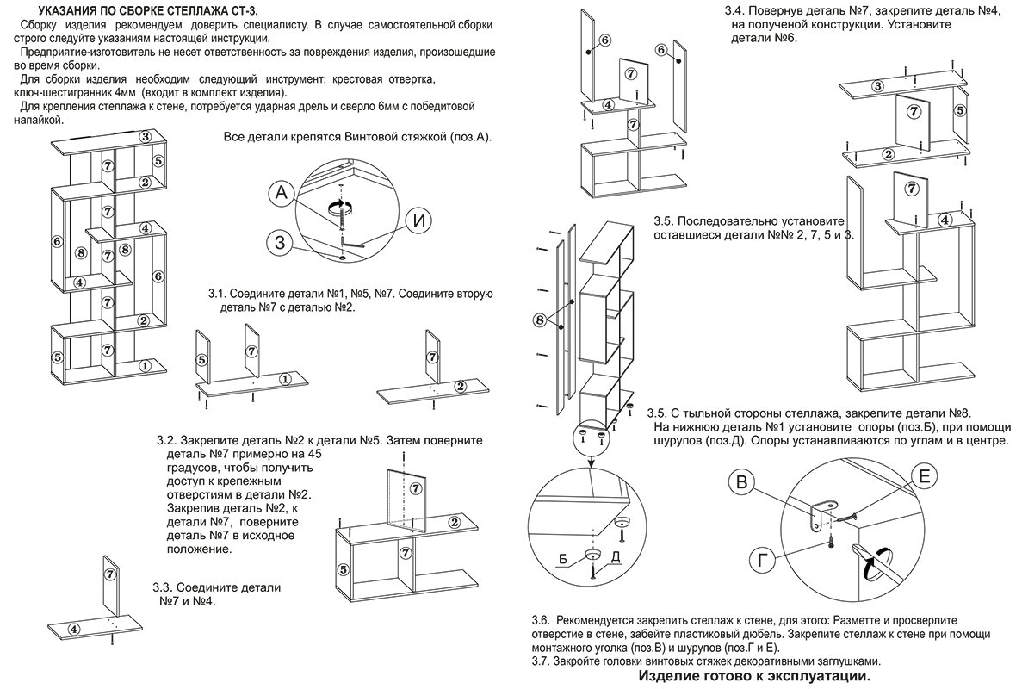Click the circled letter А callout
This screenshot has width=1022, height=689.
tap(282, 194)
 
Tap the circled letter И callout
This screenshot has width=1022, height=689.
tap(418, 220)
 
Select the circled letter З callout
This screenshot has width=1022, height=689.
tap(280, 242)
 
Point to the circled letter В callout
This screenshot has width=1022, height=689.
tap(742, 483)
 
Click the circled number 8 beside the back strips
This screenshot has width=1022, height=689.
tap(540, 320)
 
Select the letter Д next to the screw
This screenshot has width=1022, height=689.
tap(616, 559)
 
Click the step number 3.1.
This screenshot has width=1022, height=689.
tap(219, 294)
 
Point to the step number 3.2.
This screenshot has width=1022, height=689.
tap(167, 440)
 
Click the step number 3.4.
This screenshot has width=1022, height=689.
tap(734, 11)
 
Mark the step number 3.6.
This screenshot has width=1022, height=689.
tap(541, 621)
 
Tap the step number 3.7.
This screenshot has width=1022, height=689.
tap(541, 661)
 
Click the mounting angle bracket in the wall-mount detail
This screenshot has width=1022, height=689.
tap(820, 513)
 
